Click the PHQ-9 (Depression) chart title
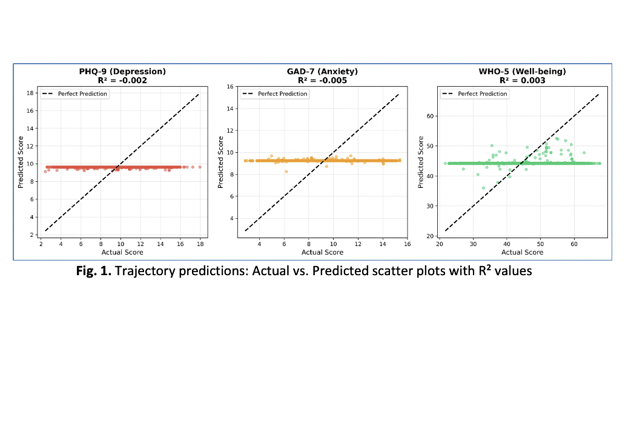point(122,72)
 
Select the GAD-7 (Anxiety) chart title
point(322,72)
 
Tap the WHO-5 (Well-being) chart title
point(522,72)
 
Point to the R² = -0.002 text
point(122,80)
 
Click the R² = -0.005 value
point(322,80)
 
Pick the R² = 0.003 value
point(522,80)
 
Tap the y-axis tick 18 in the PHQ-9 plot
point(30,93)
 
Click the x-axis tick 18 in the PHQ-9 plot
point(200,244)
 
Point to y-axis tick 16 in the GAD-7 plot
point(230,87)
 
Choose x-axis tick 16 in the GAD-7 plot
point(407,244)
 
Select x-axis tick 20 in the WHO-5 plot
point(440,244)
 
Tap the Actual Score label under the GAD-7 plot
point(322,252)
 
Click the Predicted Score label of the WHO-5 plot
point(421,162)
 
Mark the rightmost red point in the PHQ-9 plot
point(200,167)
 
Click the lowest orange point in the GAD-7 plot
point(286,172)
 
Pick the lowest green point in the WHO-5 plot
point(483,188)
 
